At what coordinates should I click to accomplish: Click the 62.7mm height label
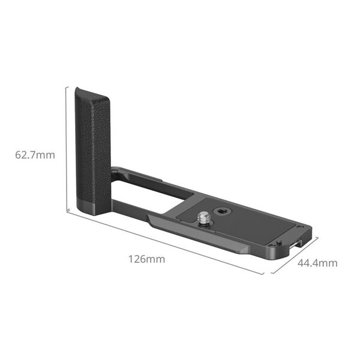(x=35, y=154)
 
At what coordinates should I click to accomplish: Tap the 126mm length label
(x=146, y=260)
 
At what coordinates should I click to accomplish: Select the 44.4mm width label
(x=317, y=263)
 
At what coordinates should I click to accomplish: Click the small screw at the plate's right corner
(x=279, y=242)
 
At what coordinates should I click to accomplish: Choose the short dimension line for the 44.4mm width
(x=295, y=256)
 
